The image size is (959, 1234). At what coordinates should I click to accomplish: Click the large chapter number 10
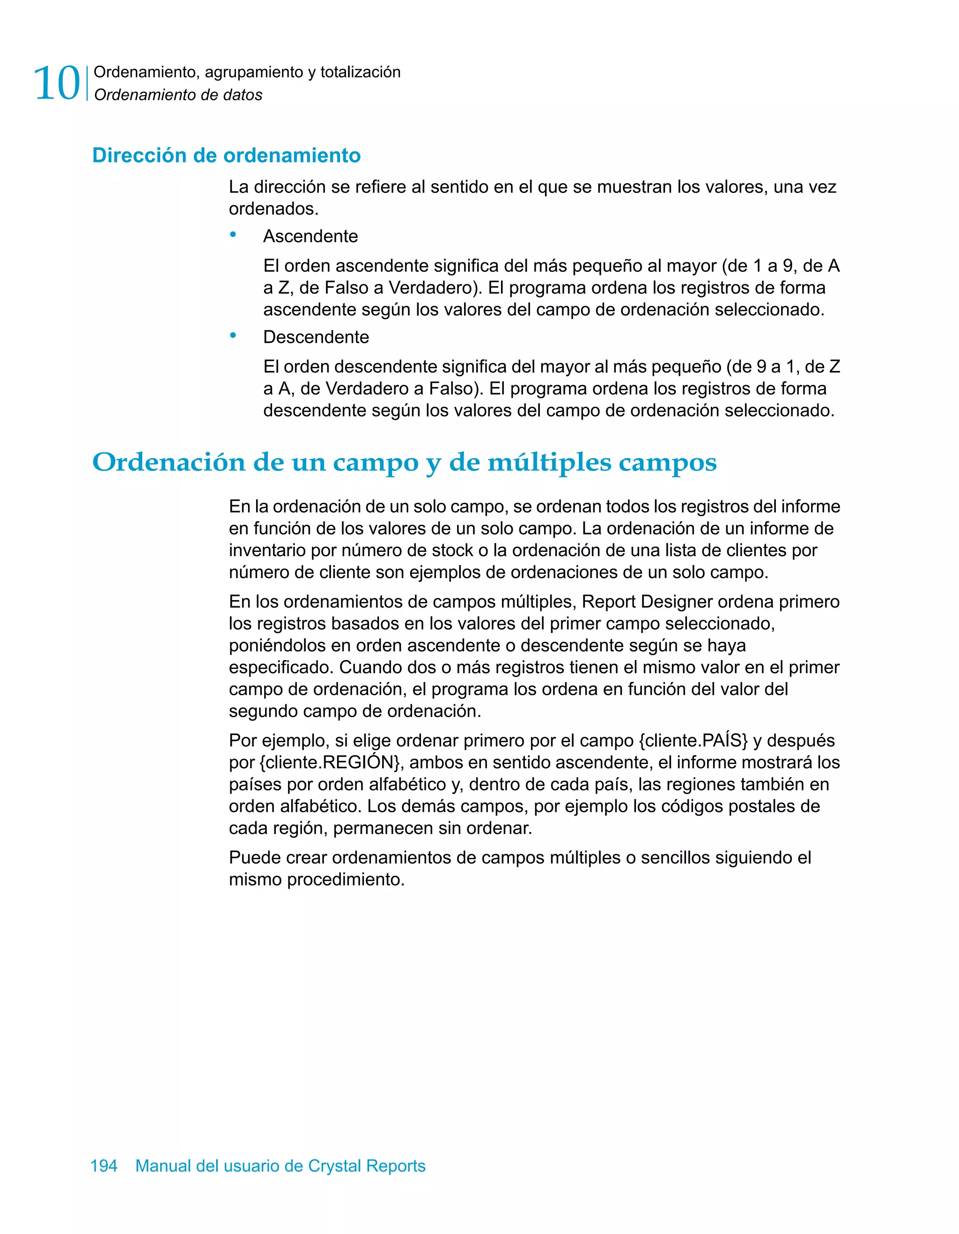57,83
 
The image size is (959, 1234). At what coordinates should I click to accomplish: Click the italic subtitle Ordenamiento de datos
178,95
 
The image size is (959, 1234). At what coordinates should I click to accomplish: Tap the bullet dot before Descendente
233,335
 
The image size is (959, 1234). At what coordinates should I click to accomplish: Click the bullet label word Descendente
316,337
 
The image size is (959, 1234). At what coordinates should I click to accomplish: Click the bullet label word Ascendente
310,236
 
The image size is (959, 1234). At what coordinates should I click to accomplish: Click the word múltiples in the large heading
549,462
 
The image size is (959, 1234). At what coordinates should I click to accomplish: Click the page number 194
104,1166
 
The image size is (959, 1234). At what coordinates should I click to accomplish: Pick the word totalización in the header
361,72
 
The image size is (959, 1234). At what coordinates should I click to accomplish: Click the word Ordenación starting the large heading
168,462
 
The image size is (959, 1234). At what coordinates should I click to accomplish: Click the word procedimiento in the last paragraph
346,880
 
